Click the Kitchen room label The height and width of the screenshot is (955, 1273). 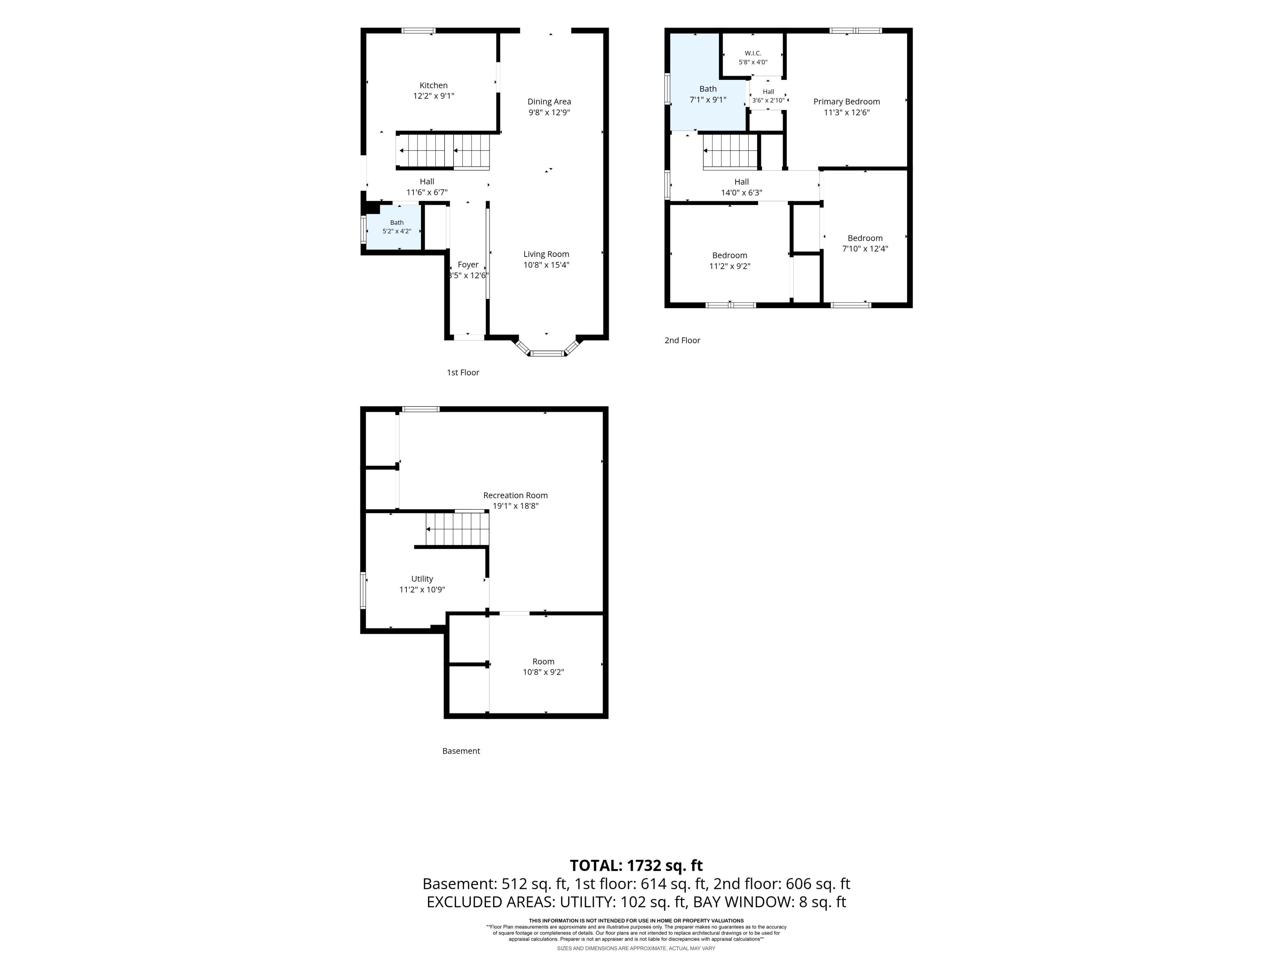pyautogui.click(x=433, y=85)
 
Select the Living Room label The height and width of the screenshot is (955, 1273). pyautogui.click(x=546, y=254)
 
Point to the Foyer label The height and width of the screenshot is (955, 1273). pyautogui.click(x=468, y=265)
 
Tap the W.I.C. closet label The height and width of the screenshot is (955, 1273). pyautogui.click(x=753, y=53)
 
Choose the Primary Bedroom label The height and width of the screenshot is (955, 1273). pyautogui.click(x=847, y=102)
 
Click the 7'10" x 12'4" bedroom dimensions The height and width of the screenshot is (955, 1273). pyautogui.click(x=865, y=249)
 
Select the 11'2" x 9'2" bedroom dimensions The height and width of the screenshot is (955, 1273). pyautogui.click(x=730, y=266)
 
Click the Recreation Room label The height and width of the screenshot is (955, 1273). pyautogui.click(x=515, y=495)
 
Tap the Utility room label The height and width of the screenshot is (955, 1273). pyautogui.click(x=422, y=579)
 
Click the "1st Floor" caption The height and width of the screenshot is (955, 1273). pyautogui.click(x=463, y=372)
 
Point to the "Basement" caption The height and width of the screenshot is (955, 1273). pyautogui.click(x=461, y=751)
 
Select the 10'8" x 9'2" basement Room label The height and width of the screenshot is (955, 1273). pyautogui.click(x=543, y=667)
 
